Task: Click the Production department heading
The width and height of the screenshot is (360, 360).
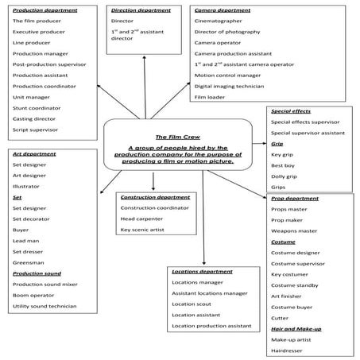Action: (45, 10)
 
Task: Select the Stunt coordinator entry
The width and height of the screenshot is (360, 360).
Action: (37, 108)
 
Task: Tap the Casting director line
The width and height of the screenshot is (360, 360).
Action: (34, 119)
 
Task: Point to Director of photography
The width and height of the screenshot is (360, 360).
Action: (227, 32)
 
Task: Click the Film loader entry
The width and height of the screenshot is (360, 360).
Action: (210, 97)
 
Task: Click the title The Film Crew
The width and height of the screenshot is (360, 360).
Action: (178, 137)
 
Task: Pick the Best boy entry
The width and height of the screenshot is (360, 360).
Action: (283, 165)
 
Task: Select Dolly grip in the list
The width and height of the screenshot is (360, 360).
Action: (284, 176)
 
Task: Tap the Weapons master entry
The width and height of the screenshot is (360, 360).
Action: (294, 231)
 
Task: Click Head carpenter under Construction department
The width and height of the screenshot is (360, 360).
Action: (141, 219)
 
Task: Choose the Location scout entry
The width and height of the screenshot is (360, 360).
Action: (192, 304)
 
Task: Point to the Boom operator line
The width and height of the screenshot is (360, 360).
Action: (33, 296)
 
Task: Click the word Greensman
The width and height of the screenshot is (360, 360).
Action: (29, 263)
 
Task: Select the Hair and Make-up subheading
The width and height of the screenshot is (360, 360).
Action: (296, 329)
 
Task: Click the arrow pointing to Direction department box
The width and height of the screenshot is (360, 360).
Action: (145, 87)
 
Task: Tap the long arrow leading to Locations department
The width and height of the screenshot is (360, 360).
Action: (203, 218)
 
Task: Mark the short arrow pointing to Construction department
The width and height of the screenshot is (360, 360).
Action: (153, 181)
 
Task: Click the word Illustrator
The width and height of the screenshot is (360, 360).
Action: (26, 187)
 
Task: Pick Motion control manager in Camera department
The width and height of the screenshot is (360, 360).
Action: (227, 75)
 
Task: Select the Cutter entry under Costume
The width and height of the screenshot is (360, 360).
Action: (280, 318)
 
